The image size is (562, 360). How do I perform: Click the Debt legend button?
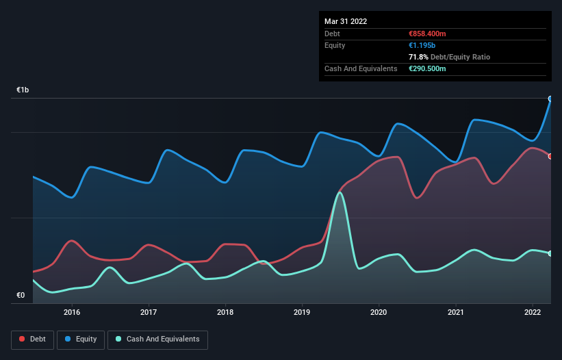click(32, 339)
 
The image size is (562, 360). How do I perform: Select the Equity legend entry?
click(81, 339)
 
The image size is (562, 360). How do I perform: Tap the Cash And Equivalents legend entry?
click(158, 339)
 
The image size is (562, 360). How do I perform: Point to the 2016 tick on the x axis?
click(72, 312)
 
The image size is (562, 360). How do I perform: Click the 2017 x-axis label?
click(149, 312)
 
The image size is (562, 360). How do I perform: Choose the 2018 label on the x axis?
click(225, 312)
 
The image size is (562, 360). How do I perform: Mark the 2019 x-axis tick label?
click(302, 312)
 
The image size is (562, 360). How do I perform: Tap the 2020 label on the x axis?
click(379, 312)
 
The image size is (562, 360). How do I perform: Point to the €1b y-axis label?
click(23, 90)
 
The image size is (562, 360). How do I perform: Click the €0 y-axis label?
click(21, 296)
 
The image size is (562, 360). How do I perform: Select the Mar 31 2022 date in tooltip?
click(346, 21)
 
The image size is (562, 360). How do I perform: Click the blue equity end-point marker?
click(550, 99)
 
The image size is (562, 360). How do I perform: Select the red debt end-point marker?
click(550, 156)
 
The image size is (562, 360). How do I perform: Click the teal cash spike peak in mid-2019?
click(340, 193)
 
